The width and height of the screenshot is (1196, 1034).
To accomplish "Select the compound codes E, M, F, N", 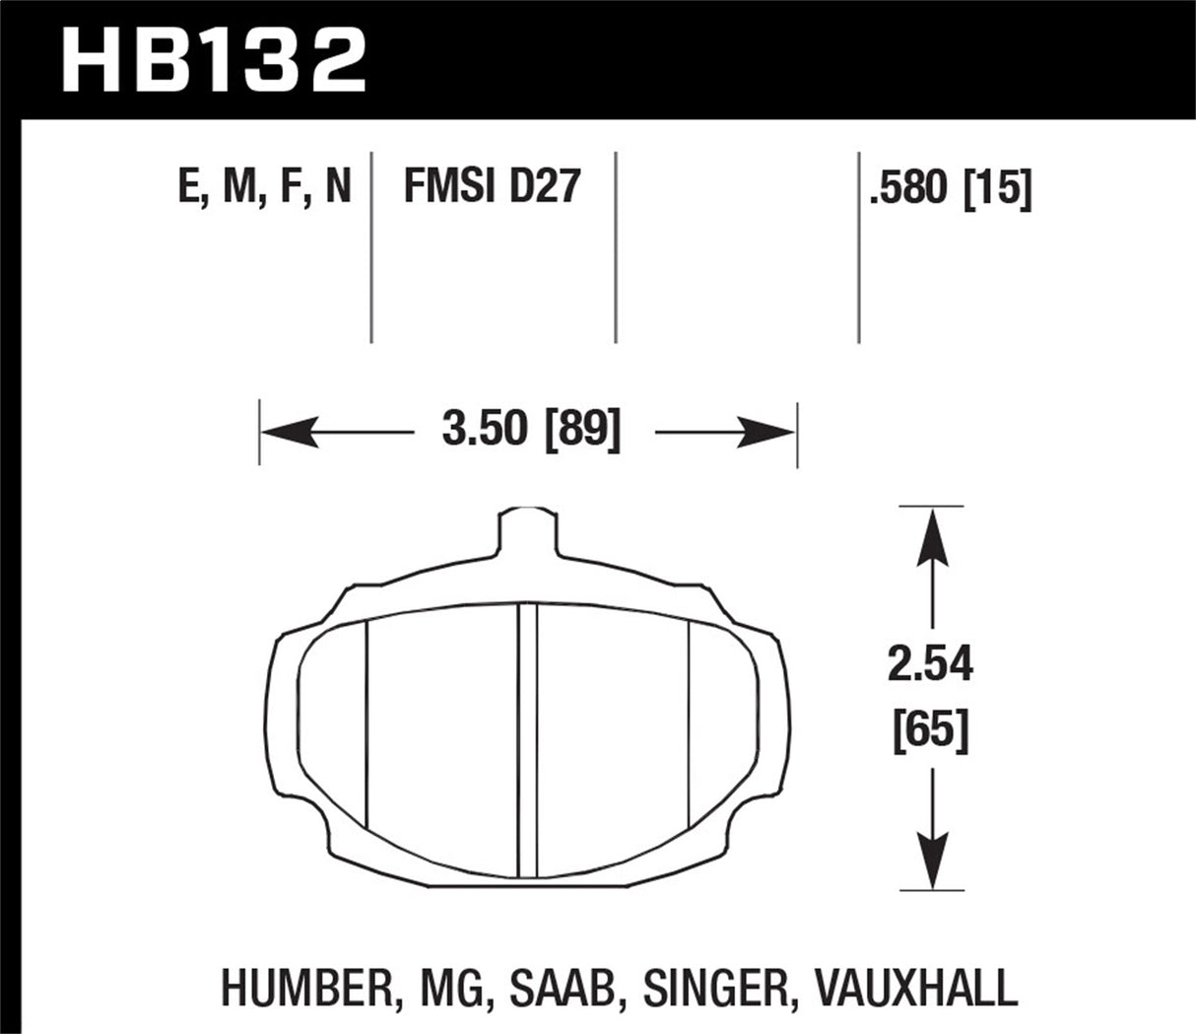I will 264,186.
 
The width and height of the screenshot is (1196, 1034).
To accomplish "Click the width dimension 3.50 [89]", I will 532,432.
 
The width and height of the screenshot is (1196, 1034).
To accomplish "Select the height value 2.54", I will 930,667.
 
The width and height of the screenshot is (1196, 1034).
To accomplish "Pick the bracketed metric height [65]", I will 930,732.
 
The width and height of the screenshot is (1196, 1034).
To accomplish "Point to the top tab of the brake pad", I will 527,532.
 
